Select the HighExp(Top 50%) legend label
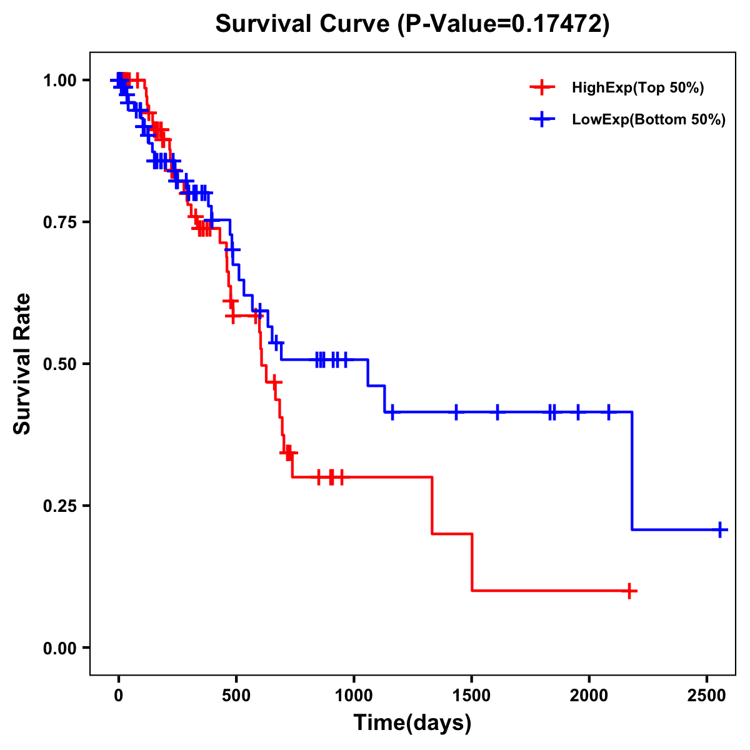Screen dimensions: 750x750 [x=637, y=88]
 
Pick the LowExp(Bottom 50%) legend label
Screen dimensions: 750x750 [x=648, y=120]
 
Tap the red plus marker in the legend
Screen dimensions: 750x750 [x=542, y=87]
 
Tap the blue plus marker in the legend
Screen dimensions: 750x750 [x=542, y=119]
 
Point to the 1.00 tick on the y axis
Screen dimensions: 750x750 [x=59, y=81]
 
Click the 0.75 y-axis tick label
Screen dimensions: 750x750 [x=59, y=222]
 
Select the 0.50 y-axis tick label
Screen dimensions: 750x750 [x=59, y=364]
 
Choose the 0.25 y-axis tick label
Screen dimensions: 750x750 [x=59, y=506]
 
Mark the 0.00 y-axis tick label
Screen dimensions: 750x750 [x=59, y=648]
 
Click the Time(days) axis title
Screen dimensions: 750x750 [x=412, y=723]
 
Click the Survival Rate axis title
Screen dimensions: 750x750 [x=22, y=364]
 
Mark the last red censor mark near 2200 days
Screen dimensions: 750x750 [x=630, y=591]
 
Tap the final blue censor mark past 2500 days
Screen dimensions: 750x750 [x=720, y=529]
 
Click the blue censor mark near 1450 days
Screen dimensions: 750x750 [x=456, y=412]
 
